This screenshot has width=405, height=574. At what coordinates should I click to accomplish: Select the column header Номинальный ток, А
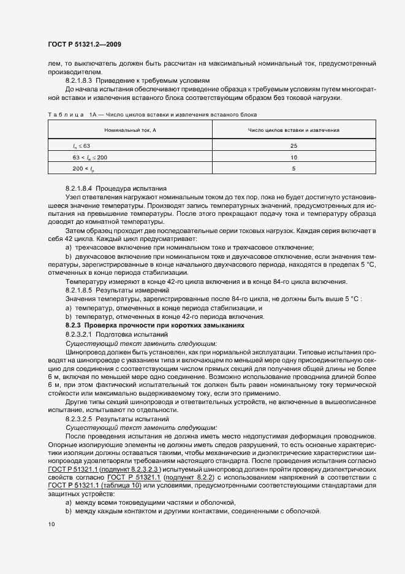(130, 131)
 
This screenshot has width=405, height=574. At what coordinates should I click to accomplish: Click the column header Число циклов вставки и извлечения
(293, 131)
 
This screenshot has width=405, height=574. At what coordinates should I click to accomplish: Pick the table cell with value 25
(293, 145)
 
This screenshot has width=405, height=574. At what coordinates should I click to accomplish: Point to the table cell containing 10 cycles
(293, 157)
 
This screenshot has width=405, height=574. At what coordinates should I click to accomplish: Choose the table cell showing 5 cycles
(293, 168)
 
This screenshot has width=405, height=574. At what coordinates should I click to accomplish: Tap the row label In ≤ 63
(81, 145)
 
